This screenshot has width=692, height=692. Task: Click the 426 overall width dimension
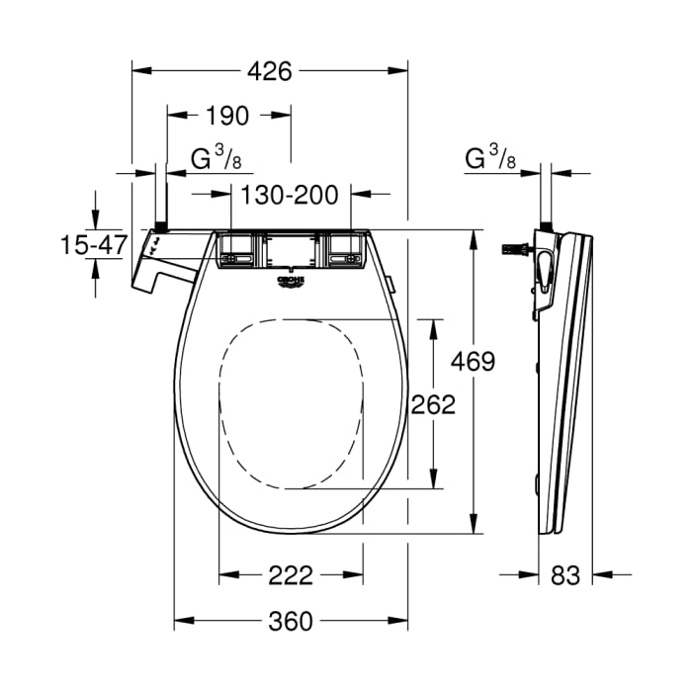tap(269, 71)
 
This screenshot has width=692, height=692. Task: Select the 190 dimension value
tap(227, 116)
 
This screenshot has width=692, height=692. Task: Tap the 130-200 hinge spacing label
tap(293, 194)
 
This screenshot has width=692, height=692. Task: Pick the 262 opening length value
tap(433, 404)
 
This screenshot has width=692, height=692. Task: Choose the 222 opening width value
tap(291, 574)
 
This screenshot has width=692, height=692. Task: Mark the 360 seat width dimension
tap(291, 621)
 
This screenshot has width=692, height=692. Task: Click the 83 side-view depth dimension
tap(564, 574)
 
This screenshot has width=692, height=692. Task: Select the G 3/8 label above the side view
tap(488, 157)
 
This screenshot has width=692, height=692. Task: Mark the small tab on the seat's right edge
tap(392, 288)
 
